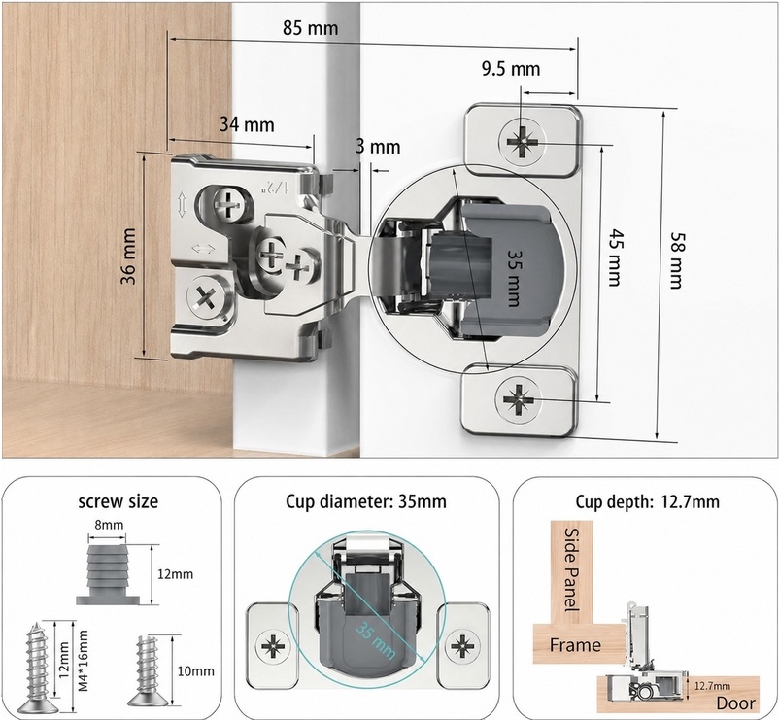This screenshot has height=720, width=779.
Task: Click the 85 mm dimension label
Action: (311, 28)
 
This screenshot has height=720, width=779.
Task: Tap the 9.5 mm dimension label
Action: (511, 69)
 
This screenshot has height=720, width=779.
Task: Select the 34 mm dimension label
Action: (247, 124)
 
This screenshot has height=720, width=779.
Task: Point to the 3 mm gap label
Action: (378, 147)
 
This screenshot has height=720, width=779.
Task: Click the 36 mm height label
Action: (128, 256)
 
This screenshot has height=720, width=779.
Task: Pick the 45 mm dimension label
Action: (615, 257)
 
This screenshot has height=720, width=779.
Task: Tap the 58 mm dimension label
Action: (677, 260)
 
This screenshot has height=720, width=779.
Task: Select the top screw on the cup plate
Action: (523, 141)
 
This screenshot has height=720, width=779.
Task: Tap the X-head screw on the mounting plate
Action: (204, 298)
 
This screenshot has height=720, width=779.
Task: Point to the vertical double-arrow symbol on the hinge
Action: (182, 204)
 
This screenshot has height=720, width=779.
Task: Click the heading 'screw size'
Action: (119, 501)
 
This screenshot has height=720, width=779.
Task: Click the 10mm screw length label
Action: (196, 671)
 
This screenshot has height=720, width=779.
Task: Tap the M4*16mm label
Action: (83, 661)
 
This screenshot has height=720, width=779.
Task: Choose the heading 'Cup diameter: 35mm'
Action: (366, 502)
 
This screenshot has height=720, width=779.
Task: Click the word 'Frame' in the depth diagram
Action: (575, 645)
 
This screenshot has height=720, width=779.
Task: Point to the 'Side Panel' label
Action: (572, 569)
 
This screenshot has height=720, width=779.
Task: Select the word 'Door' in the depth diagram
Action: (736, 703)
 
